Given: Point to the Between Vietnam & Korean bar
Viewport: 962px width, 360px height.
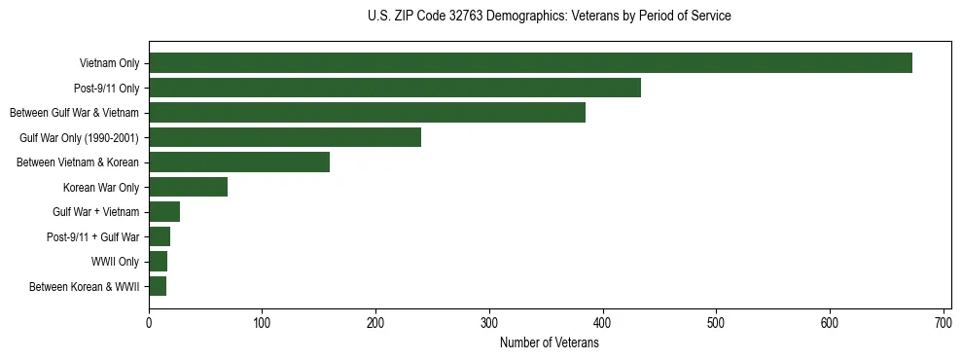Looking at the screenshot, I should tap(239, 162).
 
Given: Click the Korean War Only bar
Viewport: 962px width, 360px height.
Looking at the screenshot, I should tap(188, 187).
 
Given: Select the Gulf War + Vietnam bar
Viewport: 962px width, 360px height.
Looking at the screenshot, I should tap(164, 212).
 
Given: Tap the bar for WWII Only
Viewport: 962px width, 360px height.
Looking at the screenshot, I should tap(158, 262).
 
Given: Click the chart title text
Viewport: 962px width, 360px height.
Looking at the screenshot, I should tap(549, 16).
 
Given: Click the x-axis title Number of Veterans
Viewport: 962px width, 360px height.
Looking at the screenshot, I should tap(549, 342).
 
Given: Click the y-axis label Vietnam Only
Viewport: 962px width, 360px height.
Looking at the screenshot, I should tap(109, 63).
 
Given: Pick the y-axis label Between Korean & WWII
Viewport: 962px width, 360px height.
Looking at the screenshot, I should tap(84, 286).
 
